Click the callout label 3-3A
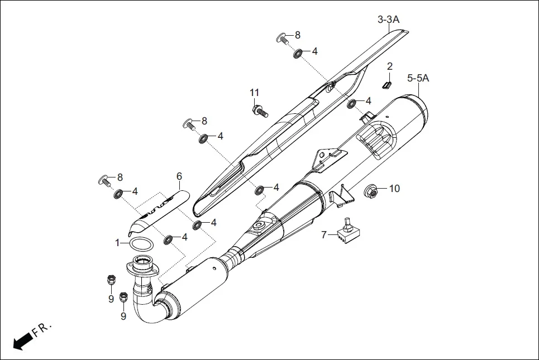click(x=388, y=20)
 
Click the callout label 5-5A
click(x=418, y=79)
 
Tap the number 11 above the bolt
click(x=255, y=92)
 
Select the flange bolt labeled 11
click(x=260, y=111)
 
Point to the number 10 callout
click(x=394, y=189)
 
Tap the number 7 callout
click(x=323, y=234)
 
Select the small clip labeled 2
click(x=386, y=84)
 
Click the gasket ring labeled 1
click(x=141, y=244)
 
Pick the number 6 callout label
click(x=179, y=176)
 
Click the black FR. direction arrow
click(x=21, y=340)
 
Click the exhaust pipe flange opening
click(x=142, y=261)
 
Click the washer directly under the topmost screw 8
click(x=298, y=53)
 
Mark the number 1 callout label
click(x=118, y=243)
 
